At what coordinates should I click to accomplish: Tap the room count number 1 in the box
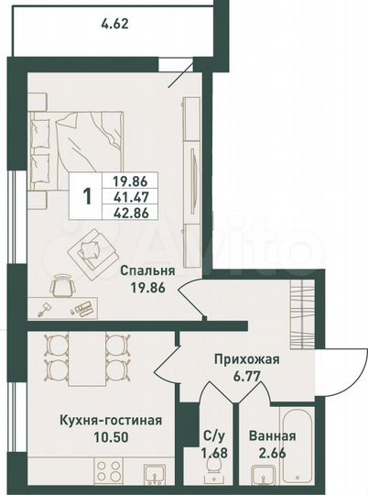pyautogui.click(x=87, y=194)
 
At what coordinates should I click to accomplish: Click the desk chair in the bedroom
pyautogui.click(x=62, y=287)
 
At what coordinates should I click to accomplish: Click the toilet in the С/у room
pyautogui.click(x=213, y=469)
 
